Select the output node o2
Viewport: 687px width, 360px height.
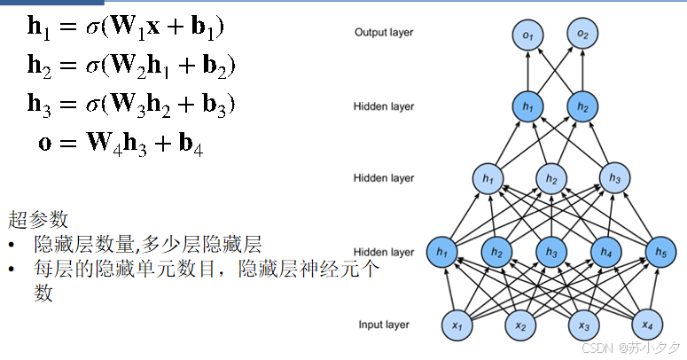pos(582,35)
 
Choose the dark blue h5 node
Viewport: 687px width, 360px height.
pos(660,253)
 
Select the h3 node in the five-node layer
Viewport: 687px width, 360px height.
pos(551,253)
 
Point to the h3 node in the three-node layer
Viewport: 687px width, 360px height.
pos(613,178)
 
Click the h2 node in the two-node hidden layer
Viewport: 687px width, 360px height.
pos(582,106)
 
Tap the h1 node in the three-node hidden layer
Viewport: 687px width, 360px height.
pos(487,178)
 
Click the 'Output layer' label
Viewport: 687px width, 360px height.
pos(384,33)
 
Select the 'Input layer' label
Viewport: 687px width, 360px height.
pos(385,325)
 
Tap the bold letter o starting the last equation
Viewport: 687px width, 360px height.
pos(45,142)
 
